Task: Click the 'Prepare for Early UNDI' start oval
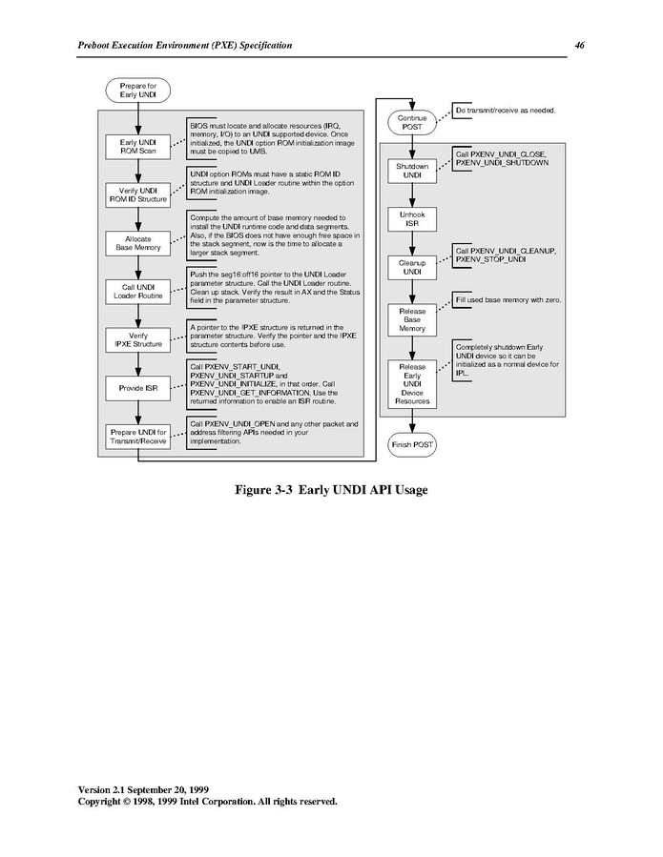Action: click(138, 91)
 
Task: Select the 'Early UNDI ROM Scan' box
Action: click(138, 147)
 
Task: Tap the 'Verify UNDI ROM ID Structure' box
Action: click(138, 195)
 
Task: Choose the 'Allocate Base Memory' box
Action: click(138, 243)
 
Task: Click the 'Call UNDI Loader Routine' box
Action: click(138, 292)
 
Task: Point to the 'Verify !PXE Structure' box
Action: click(138, 340)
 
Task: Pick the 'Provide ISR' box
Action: click(138, 388)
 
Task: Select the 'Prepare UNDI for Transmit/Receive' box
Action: click(138, 437)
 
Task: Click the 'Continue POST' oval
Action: click(412, 122)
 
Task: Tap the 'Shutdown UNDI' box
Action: click(412, 171)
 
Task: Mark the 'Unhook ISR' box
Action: click(412, 219)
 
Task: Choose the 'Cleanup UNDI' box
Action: click(412, 267)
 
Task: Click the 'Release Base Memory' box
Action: click(412, 319)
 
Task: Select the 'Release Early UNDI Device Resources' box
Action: click(412, 384)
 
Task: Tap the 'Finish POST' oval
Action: click(412, 445)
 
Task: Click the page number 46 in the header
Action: click(579, 46)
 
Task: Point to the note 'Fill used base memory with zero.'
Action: click(508, 300)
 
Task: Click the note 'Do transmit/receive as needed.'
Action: click(506, 111)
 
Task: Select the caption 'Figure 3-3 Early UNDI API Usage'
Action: click(332, 490)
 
